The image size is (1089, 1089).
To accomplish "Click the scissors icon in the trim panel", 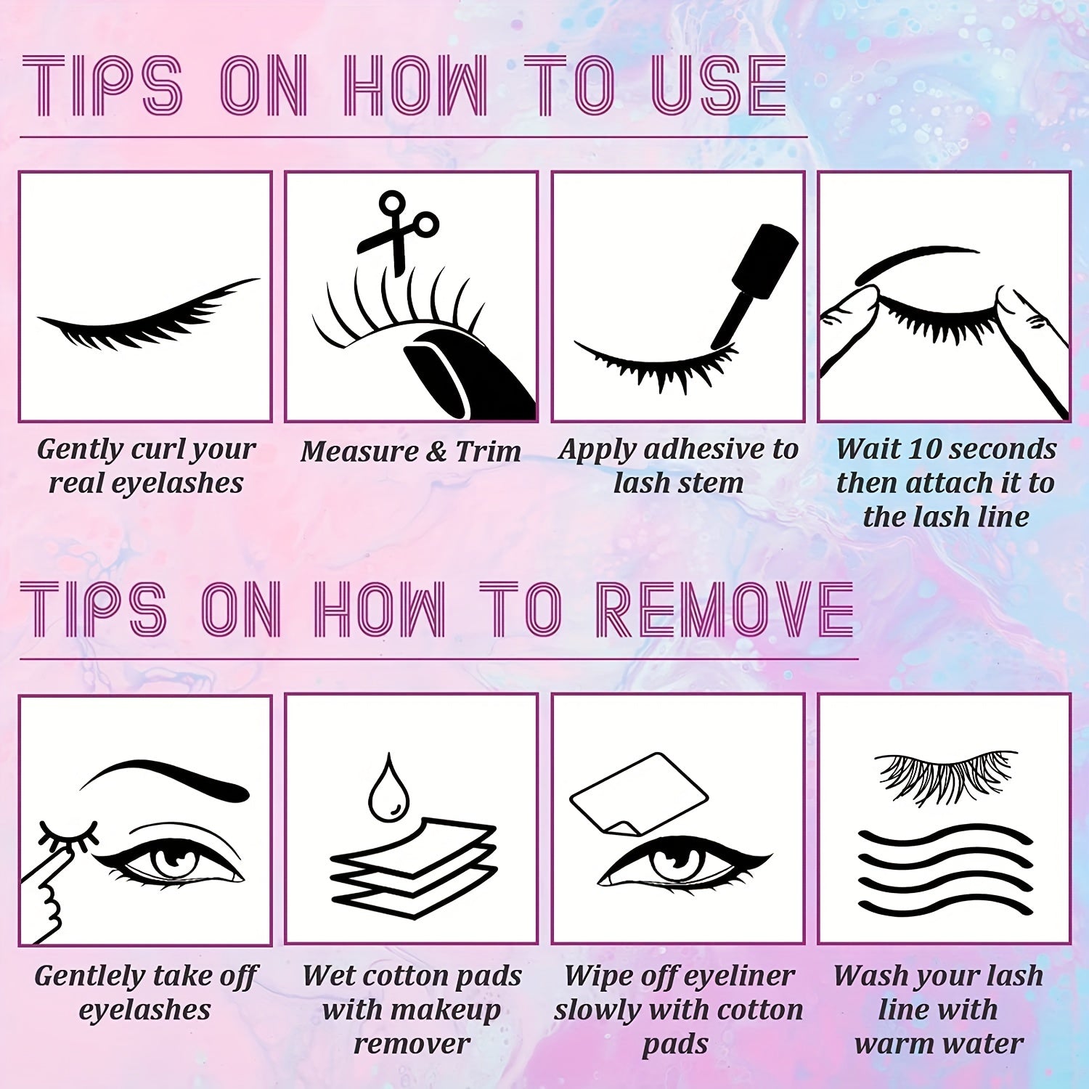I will [x=396, y=230].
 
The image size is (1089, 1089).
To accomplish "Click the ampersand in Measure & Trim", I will [x=436, y=452].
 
